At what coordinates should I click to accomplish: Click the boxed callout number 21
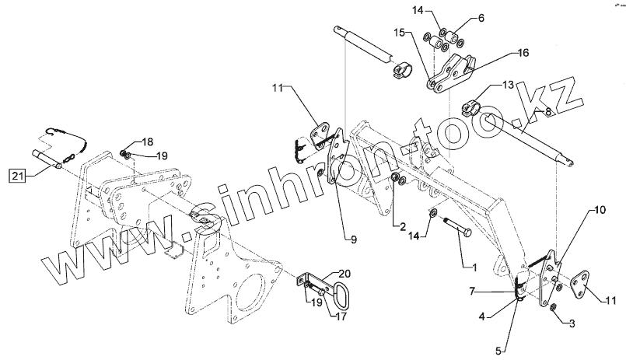pyautogui.click(x=19, y=175)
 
